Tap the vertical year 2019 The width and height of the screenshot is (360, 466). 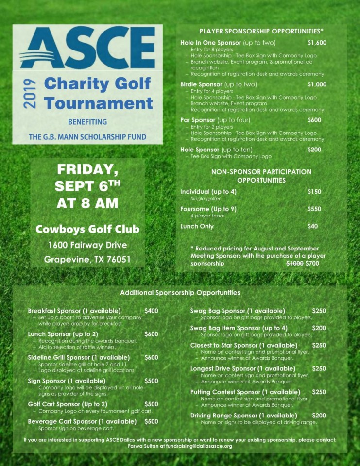pos(28,93)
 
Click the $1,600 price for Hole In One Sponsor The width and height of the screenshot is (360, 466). pos(317,43)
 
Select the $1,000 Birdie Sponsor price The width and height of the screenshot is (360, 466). pos(317,84)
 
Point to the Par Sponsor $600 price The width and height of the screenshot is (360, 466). pos(314,120)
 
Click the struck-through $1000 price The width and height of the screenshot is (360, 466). pos(294,263)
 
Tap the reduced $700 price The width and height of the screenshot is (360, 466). pos(313,263)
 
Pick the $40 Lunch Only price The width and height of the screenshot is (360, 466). pos(312,226)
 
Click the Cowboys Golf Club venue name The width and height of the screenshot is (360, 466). pos(87,229)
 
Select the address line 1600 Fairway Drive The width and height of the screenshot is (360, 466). pos(87,245)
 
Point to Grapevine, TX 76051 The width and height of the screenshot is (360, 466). pos(87,259)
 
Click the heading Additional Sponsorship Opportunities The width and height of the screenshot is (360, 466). pos(180,293)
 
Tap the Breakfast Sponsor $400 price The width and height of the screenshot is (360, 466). pos(151,311)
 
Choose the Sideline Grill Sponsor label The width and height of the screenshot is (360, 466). pos(79,357)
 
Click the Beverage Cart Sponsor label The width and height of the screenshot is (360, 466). pos(82,421)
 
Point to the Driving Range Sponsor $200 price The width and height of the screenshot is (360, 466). pos(319,416)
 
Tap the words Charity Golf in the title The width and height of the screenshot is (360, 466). pos(97,83)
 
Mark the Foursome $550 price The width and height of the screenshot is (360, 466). pos(314,209)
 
